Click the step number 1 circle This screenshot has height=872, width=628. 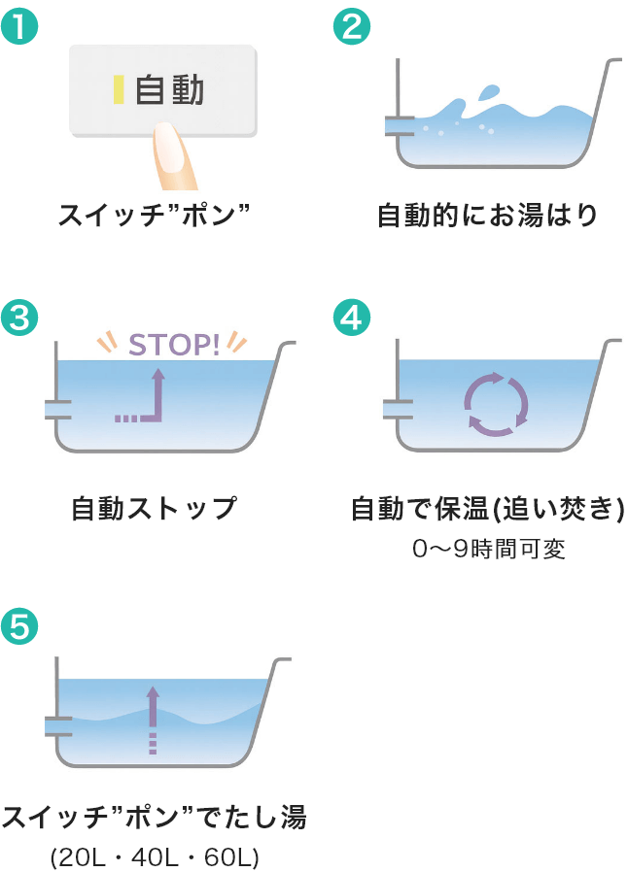click(x=19, y=25)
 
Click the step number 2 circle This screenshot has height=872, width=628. click(x=351, y=25)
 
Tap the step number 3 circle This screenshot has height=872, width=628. click(x=19, y=319)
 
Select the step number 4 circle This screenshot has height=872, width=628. click(x=351, y=319)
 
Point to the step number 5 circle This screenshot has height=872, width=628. click(x=19, y=626)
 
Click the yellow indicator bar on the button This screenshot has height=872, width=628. click(x=119, y=90)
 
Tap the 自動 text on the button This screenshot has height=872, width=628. click(x=169, y=90)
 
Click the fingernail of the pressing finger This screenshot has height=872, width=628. click(x=169, y=147)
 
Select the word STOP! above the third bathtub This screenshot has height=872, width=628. click(x=174, y=346)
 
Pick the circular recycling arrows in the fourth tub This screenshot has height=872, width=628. click(x=496, y=404)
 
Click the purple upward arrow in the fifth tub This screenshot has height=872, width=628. click(x=153, y=720)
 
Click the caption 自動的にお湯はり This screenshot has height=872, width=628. click(x=488, y=215)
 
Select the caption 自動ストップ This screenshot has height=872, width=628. click(x=155, y=508)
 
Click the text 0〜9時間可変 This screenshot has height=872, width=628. click(x=489, y=549)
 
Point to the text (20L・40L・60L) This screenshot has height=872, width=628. click(x=155, y=857)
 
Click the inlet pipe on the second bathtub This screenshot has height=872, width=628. click(x=400, y=125)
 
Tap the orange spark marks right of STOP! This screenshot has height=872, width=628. click(x=236, y=341)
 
